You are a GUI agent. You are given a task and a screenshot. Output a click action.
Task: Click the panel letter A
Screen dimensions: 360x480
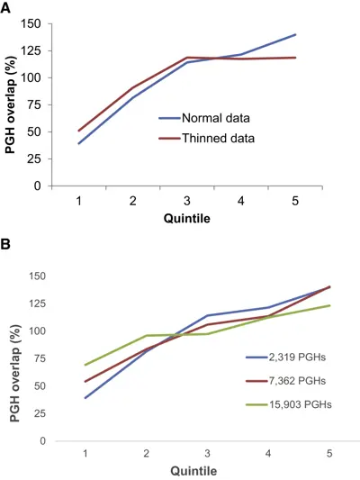(5, 7)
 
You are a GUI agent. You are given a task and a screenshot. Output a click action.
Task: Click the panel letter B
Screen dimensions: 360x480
(5, 244)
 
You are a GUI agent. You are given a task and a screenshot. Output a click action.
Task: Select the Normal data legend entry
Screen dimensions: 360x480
(204, 118)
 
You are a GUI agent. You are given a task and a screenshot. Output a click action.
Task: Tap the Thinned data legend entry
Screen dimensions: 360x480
(207, 139)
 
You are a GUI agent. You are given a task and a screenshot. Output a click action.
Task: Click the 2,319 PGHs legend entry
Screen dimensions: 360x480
(286, 357)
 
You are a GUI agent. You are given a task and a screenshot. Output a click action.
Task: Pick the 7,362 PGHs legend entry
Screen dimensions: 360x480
(286, 381)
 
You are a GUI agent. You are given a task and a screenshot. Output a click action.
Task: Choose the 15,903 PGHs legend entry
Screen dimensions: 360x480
(289, 404)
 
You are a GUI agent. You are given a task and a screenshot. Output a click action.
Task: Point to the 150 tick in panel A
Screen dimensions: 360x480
(31, 23)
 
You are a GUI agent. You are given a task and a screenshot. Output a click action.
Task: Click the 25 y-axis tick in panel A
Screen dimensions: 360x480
(34, 158)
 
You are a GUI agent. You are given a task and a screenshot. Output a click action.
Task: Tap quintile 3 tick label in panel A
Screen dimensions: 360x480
(187, 201)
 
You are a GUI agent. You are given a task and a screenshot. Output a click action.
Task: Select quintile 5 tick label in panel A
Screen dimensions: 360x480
(295, 201)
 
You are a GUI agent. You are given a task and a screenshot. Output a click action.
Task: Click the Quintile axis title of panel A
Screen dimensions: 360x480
(187, 218)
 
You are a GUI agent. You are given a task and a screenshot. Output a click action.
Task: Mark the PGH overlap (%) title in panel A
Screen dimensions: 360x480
(11, 104)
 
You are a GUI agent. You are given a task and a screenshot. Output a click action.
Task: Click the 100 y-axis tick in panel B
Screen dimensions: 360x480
(37, 331)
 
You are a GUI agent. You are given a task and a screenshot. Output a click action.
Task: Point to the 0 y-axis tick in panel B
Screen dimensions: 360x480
(42, 441)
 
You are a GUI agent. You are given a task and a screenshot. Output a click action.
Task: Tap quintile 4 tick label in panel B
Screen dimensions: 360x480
(268, 453)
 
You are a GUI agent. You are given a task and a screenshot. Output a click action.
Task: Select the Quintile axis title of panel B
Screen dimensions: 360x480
(193, 470)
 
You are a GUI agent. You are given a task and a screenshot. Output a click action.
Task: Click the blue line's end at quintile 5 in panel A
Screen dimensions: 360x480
(296, 34)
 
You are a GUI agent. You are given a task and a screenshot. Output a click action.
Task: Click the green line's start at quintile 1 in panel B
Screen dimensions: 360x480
(85, 365)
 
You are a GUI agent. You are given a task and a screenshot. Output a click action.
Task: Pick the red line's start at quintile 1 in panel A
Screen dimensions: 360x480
(79, 131)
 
